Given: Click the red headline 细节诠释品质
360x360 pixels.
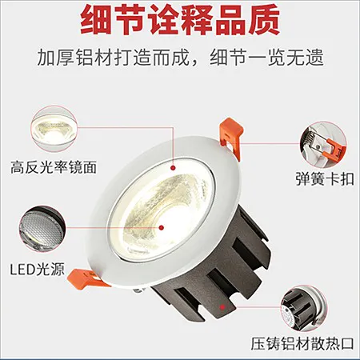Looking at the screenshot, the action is pos(180,19).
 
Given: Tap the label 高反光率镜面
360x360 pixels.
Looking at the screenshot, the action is pos(54,167).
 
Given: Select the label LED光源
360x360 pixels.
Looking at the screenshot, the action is pos(38,269).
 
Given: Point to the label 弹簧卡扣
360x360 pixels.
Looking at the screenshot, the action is pos(325,178).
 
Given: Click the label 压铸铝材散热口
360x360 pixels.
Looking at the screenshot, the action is pos(302,343).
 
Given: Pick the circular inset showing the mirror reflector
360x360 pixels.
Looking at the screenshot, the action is pos(54,129).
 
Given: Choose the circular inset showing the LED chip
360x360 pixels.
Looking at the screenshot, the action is pos(42,229).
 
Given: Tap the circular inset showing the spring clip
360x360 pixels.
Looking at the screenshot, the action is pos(323,145).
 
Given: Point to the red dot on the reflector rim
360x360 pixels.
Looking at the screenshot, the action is pos(173,168).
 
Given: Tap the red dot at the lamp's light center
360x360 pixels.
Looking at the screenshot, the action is pos(161,227).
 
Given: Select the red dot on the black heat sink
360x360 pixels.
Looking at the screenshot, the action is pos(222,307).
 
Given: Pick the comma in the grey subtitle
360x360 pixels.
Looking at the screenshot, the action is pos(198,61).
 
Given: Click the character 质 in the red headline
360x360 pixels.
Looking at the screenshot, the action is pos(264,19).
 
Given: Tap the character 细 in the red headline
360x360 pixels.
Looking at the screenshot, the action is pos(96,19).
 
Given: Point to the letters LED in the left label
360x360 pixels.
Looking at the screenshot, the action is pos(22,270).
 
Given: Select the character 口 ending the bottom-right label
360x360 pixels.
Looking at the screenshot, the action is pos(347,343).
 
